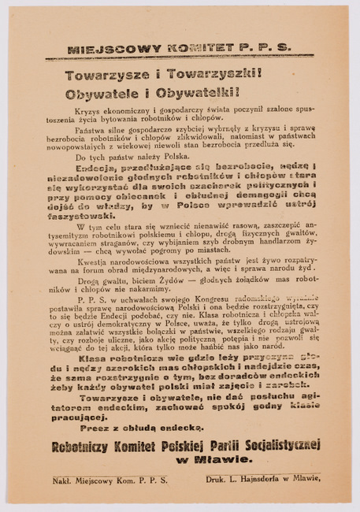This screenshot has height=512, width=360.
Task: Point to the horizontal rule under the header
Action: [179, 58]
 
